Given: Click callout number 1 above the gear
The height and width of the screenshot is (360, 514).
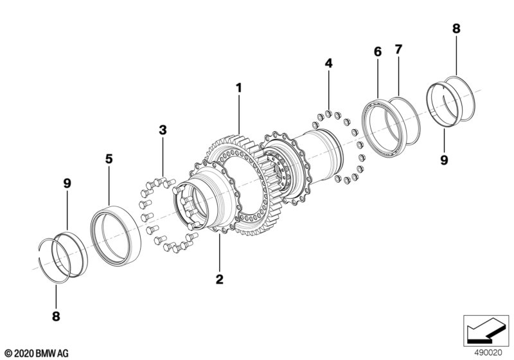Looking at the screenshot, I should [x=238, y=86].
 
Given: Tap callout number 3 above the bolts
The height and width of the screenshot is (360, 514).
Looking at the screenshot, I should [x=163, y=130].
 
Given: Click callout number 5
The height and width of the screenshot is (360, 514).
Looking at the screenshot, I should [x=109, y=157].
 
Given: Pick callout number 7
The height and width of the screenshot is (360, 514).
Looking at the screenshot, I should [x=398, y=50].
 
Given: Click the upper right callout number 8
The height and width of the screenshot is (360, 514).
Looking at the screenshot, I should [x=456, y=28].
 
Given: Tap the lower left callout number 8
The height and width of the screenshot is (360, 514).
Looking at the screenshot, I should [x=55, y=316].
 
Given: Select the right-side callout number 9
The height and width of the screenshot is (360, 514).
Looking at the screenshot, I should [x=444, y=159].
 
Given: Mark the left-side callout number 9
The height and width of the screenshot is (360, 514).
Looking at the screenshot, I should [x=67, y=183].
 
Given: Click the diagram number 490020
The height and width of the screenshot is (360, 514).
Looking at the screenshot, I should [x=488, y=352].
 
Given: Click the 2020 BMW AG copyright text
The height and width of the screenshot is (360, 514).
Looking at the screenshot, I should [x=36, y=352].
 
